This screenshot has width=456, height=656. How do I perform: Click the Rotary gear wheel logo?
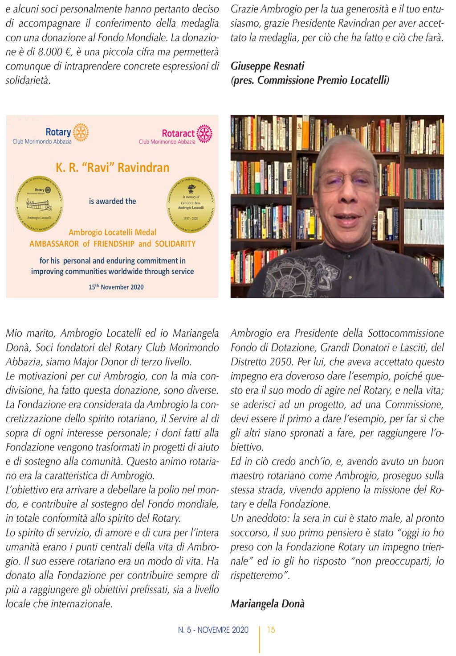[81, 132]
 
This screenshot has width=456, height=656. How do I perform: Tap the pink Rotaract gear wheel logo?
[204, 133]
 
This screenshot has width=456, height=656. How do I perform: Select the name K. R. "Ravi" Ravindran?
[112, 168]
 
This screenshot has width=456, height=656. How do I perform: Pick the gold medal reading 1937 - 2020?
[191, 205]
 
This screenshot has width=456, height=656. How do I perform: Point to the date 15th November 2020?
[116, 287]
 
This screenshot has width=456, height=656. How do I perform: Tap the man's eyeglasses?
[347, 179]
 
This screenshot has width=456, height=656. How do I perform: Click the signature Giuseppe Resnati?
[268, 66]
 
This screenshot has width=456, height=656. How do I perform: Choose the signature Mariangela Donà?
[268, 604]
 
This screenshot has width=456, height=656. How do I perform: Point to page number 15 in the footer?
[271, 630]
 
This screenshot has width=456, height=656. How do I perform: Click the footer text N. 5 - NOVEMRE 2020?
[213, 630]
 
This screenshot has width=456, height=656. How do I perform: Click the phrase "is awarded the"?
[112, 201]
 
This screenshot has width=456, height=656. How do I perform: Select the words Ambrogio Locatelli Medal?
[112, 232]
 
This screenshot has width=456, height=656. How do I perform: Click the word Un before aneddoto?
[237, 518]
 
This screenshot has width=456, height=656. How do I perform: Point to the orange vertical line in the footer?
[259, 639]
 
